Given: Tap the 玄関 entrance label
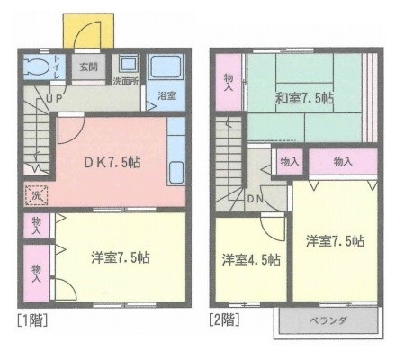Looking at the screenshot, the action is pyautogui.click(x=88, y=67).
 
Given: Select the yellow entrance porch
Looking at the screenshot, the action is pyautogui.click(x=88, y=31).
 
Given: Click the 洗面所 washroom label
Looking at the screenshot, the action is pyautogui.click(x=126, y=82).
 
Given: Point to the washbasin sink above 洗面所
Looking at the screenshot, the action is pyautogui.click(x=129, y=64).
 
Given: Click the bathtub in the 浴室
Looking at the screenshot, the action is pyautogui.click(x=166, y=67).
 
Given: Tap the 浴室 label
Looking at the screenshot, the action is pyautogui.click(x=166, y=96).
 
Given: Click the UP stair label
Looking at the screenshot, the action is pyautogui.click(x=55, y=98).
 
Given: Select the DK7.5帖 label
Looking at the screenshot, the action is pyautogui.click(x=112, y=163).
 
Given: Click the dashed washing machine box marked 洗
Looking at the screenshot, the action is pyautogui.click(x=36, y=195).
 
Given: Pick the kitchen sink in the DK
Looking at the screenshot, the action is pyautogui.click(x=176, y=173).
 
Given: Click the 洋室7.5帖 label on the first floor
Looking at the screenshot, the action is pyautogui.click(x=121, y=257).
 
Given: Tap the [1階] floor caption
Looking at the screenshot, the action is pyautogui.click(x=32, y=319).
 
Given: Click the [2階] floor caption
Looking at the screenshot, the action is pyautogui.click(x=224, y=319).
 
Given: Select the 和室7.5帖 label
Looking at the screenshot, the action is pyautogui.click(x=304, y=98).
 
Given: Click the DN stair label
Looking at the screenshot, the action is pyautogui.click(x=256, y=199).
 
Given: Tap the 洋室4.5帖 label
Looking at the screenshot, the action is pyautogui.click(x=251, y=259).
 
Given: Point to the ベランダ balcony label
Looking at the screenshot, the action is pyautogui.click(x=328, y=320).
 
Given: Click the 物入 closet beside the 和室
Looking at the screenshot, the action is pyautogui.click(x=229, y=82).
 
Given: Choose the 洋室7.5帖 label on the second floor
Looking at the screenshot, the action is pyautogui.click(x=336, y=241).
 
